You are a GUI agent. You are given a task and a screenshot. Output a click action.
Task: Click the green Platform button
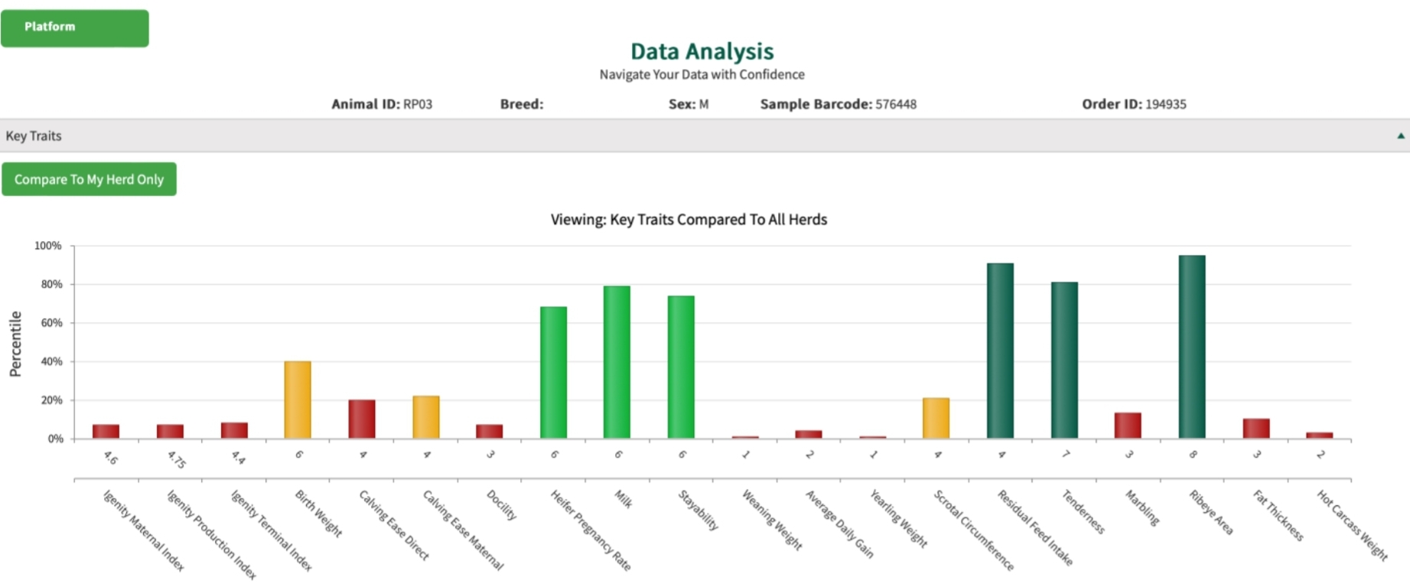(x=74, y=28)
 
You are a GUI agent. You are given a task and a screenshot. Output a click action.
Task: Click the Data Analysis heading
(x=702, y=51)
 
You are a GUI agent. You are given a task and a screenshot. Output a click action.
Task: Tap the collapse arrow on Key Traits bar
(x=1400, y=135)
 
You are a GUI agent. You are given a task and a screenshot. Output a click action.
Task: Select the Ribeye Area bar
(x=1191, y=346)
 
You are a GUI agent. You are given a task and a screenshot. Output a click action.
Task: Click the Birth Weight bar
(x=298, y=399)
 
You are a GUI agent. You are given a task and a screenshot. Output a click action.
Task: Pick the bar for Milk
(x=617, y=361)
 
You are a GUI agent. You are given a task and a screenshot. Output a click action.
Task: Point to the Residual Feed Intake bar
(x=1000, y=350)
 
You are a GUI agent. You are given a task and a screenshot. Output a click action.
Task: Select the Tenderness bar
(x=1064, y=360)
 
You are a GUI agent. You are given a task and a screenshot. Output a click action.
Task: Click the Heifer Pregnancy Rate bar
(x=553, y=372)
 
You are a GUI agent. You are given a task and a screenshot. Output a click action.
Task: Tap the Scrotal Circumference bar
(x=936, y=418)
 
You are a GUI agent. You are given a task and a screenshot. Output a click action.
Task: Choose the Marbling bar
(x=1128, y=425)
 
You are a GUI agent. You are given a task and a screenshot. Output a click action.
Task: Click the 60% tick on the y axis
(x=52, y=323)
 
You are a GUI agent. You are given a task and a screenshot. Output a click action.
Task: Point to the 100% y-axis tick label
(x=48, y=246)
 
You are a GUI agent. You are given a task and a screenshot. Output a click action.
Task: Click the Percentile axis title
(x=15, y=344)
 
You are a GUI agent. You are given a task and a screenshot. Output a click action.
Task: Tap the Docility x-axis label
(x=502, y=505)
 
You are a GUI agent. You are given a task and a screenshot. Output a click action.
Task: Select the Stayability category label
(x=698, y=510)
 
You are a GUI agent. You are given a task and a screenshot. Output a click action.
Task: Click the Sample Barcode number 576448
(x=896, y=104)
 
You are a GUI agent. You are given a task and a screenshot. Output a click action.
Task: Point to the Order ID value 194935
(x=1165, y=104)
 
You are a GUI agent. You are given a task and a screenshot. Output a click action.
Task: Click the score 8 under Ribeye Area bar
(x=1192, y=455)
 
